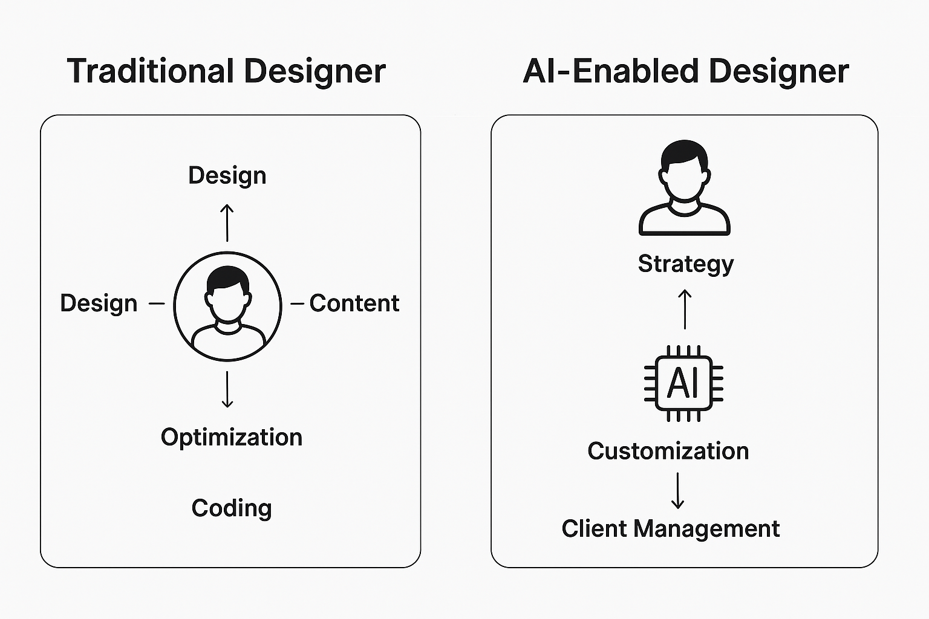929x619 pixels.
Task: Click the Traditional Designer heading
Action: (226, 72)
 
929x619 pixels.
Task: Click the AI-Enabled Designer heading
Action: (686, 72)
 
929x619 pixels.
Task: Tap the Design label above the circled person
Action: (227, 176)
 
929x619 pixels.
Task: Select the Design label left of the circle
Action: (99, 303)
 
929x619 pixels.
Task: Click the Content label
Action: (354, 303)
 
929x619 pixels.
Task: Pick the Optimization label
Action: (232, 438)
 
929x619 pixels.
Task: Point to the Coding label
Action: (232, 509)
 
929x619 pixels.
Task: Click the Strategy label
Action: (686, 265)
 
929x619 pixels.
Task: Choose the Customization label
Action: (668, 451)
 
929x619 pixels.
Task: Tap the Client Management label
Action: (671, 530)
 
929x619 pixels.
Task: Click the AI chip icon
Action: (683, 383)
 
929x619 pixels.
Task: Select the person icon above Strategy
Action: (684, 188)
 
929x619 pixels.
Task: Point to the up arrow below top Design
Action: (227, 222)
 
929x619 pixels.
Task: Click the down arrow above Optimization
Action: (227, 389)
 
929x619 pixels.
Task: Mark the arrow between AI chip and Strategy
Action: (685, 309)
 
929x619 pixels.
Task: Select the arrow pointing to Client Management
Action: (677, 490)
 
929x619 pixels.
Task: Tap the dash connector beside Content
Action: (298, 304)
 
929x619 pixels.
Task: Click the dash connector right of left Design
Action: (157, 304)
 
